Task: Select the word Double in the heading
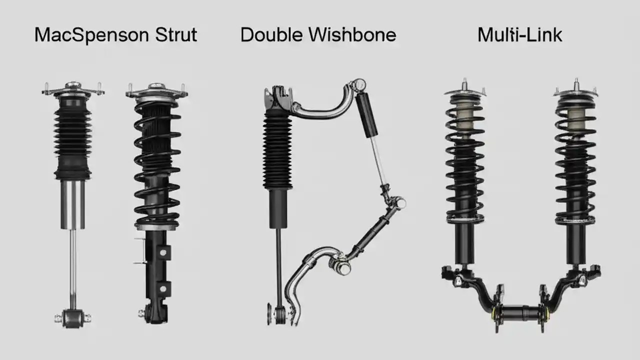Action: pyautogui.click(x=271, y=35)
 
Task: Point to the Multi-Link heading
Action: pyautogui.click(x=519, y=35)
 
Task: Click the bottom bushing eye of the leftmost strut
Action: pyautogui.click(x=73, y=316)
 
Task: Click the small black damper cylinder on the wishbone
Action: pyautogui.click(x=367, y=115)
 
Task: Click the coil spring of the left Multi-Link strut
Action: pyautogui.click(x=465, y=165)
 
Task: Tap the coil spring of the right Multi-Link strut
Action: pyautogui.click(x=575, y=165)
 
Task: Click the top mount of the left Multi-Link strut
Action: pyautogui.click(x=465, y=93)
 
